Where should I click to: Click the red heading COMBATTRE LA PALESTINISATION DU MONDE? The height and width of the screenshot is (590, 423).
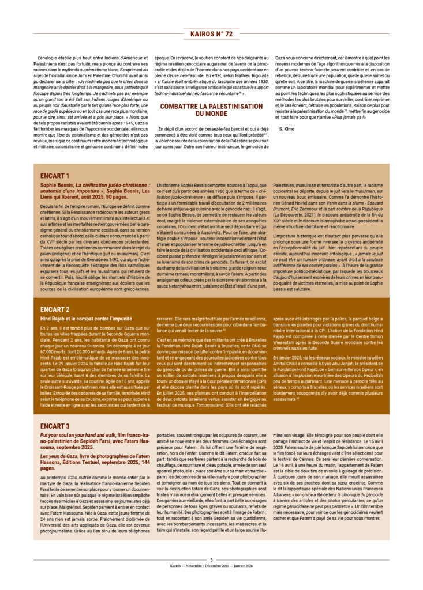[211, 109]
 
